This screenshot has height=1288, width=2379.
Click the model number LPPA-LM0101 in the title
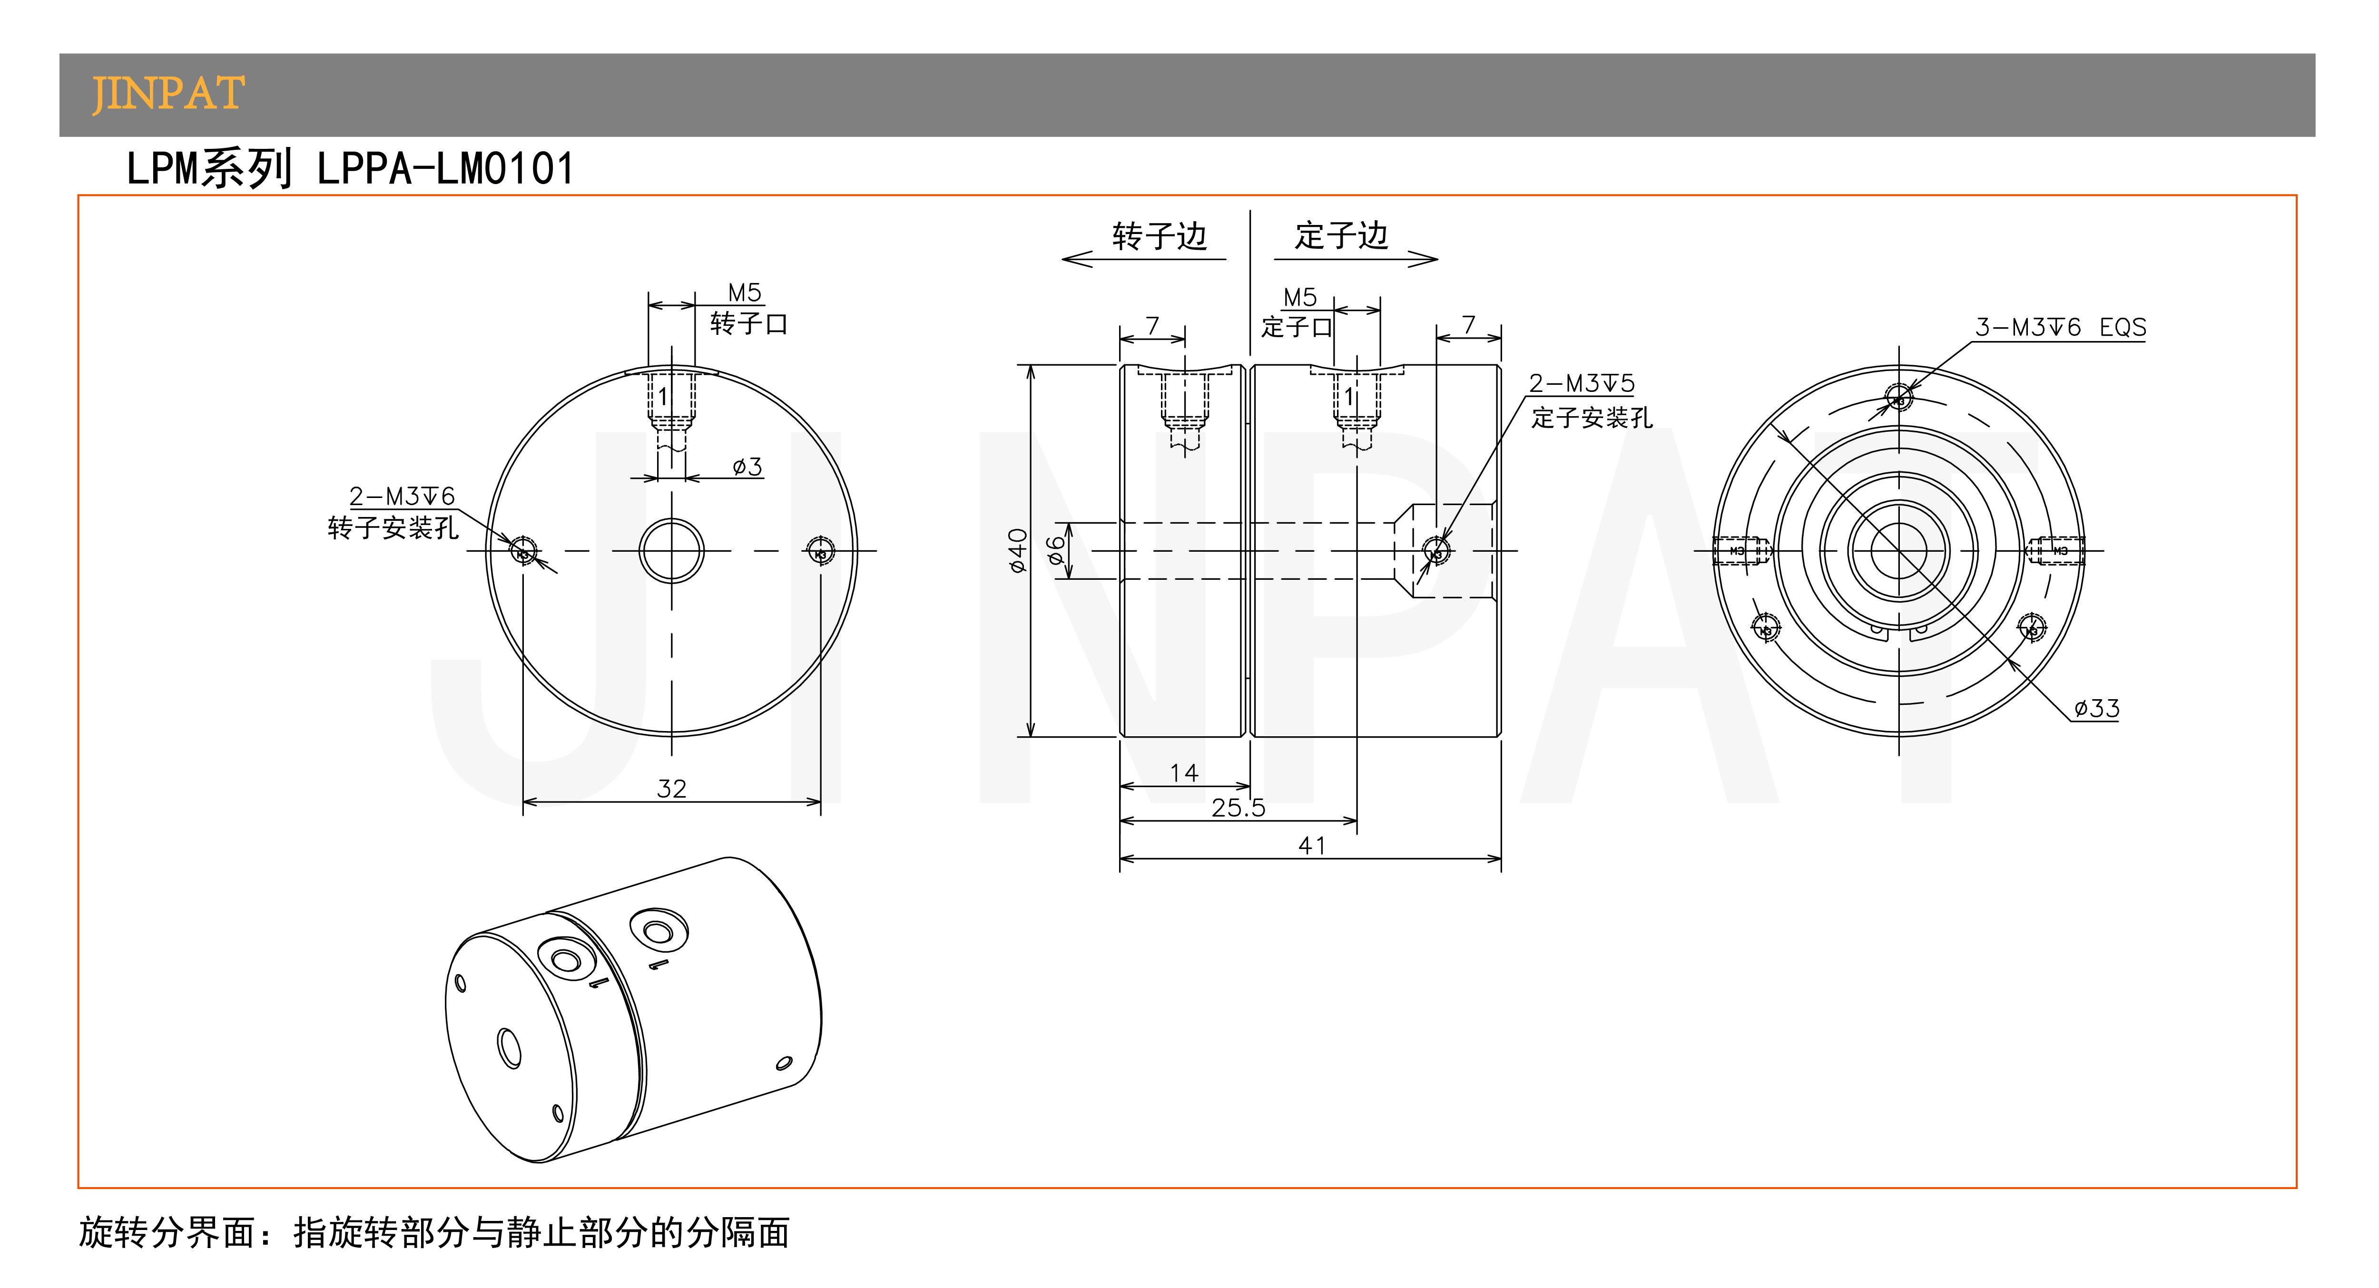click(x=445, y=169)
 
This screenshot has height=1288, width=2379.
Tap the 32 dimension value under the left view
click(x=671, y=789)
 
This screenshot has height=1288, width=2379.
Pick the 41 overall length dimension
click(x=1311, y=846)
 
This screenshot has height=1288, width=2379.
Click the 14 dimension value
click(x=1184, y=773)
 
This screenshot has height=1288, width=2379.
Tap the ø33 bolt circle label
click(x=2096, y=708)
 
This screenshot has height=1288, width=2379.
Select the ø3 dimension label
click(x=747, y=466)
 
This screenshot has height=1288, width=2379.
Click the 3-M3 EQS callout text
click(x=2059, y=328)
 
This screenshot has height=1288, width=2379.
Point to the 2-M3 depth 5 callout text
click(x=1581, y=383)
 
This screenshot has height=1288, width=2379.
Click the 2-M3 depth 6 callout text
click(x=402, y=497)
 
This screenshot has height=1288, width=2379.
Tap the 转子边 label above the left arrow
click(x=1159, y=236)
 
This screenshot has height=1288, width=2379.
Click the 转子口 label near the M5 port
click(x=748, y=324)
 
